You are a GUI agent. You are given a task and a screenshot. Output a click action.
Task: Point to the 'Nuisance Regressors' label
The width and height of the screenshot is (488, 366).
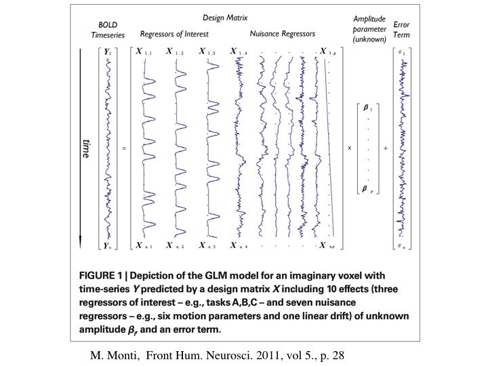point(279,33)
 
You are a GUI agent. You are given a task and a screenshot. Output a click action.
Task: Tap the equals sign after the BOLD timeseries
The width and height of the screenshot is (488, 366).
point(123,147)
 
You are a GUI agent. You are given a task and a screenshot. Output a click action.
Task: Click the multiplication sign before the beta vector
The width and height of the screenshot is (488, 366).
point(350,147)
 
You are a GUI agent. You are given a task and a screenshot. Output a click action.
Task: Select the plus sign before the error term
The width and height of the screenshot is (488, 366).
point(385,147)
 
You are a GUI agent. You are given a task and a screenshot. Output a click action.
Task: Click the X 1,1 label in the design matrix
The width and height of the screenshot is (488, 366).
point(144,52)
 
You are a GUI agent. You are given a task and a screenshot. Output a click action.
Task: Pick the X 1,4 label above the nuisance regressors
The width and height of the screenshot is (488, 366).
point(239,52)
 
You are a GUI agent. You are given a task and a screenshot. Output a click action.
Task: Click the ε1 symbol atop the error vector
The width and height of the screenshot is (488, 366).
point(403,52)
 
